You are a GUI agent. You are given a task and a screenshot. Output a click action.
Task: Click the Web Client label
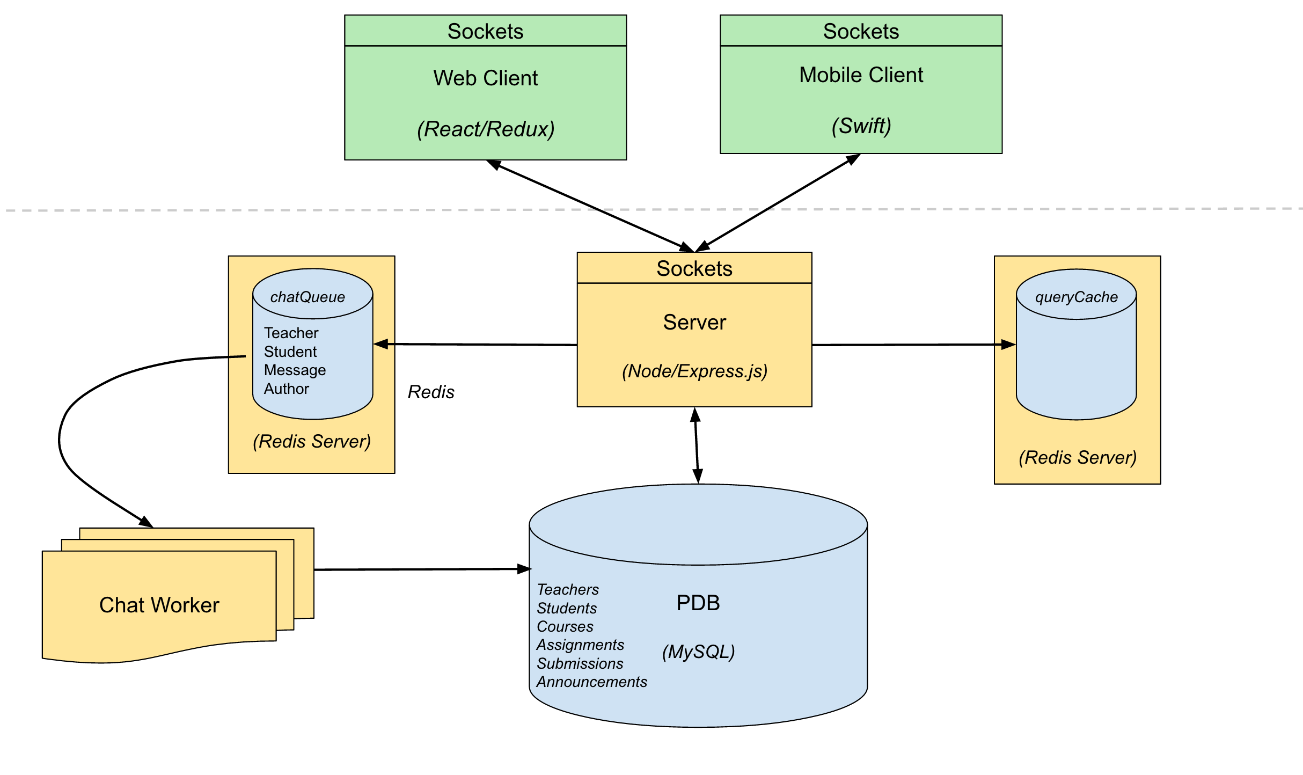pos(485,78)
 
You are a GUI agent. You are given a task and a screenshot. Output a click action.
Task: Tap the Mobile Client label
pos(861,75)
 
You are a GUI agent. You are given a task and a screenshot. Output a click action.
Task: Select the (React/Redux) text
pos(486,129)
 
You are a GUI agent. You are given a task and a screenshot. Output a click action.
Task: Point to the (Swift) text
pos(861,126)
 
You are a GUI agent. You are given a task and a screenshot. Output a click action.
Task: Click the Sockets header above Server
pos(694,268)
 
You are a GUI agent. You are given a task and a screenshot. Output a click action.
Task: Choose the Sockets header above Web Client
pos(485,31)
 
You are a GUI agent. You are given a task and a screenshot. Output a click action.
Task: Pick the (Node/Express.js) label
pos(694,371)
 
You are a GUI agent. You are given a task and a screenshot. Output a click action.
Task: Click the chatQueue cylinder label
pos(308,297)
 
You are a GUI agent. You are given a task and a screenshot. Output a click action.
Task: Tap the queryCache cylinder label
pos(1076,297)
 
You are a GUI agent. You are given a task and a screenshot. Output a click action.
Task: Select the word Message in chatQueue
pos(295,370)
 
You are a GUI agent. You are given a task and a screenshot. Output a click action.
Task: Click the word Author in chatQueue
pos(286,389)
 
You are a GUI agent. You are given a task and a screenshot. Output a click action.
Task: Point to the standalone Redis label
pos(431,392)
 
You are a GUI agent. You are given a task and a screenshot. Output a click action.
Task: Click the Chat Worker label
pos(159,605)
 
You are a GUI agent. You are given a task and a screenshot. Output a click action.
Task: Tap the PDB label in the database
pos(698,603)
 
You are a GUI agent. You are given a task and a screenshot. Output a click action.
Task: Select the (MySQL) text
pos(698,652)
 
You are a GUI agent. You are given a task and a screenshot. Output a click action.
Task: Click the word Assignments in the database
pos(580,645)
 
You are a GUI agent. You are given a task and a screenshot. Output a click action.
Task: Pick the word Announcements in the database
pos(591,682)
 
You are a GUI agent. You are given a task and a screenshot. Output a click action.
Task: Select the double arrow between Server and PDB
pos(696,445)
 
